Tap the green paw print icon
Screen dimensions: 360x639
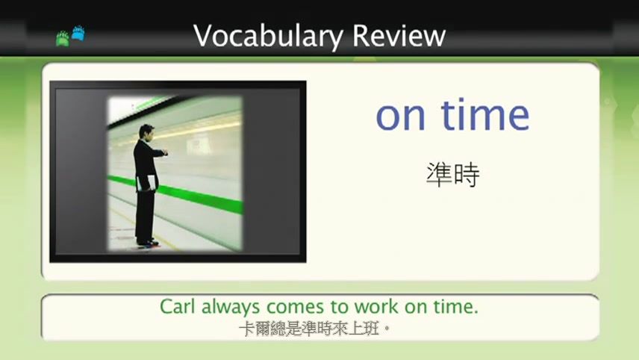pyautogui.click(x=63, y=38)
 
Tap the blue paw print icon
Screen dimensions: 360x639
pyautogui.click(x=78, y=34)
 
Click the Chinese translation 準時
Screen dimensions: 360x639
pyautogui.click(x=452, y=175)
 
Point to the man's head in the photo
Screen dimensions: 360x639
pyautogui.click(x=146, y=131)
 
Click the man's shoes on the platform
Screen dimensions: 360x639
pyautogui.click(x=147, y=243)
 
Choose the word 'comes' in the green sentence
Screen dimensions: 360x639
pyautogui.click(x=292, y=307)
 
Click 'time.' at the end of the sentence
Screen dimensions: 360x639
pyautogui.click(x=455, y=307)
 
